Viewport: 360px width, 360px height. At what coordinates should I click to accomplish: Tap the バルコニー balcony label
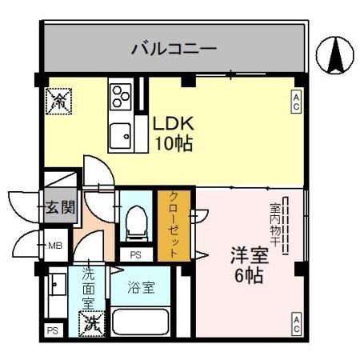click(174, 49)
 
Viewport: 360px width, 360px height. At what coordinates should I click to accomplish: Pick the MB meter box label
click(55, 246)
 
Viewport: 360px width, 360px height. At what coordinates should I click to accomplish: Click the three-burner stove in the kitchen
click(121, 96)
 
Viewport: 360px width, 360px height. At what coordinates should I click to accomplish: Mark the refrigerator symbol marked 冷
click(58, 99)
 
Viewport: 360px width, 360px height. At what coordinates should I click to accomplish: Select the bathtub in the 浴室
click(142, 323)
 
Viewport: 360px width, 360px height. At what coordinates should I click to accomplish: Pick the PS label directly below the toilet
click(135, 254)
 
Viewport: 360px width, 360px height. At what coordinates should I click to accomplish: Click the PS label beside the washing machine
click(53, 330)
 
